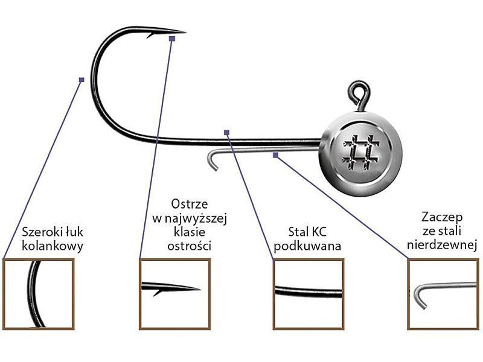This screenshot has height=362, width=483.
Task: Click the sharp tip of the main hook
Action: click(x=184, y=31)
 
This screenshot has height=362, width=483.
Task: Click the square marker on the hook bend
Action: click(x=82, y=79)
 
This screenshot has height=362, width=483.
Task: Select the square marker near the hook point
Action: click(x=172, y=39)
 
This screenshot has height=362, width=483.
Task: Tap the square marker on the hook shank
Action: click(x=226, y=132)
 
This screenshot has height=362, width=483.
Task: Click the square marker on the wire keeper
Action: click(x=275, y=155)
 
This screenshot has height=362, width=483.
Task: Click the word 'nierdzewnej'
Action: click(x=443, y=245)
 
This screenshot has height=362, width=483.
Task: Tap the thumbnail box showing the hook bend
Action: click(x=39, y=294)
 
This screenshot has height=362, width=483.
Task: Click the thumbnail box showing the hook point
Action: click(x=174, y=294)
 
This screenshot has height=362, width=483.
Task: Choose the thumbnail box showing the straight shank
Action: click(x=308, y=294)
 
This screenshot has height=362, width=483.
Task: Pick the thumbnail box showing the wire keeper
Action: click(x=443, y=294)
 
